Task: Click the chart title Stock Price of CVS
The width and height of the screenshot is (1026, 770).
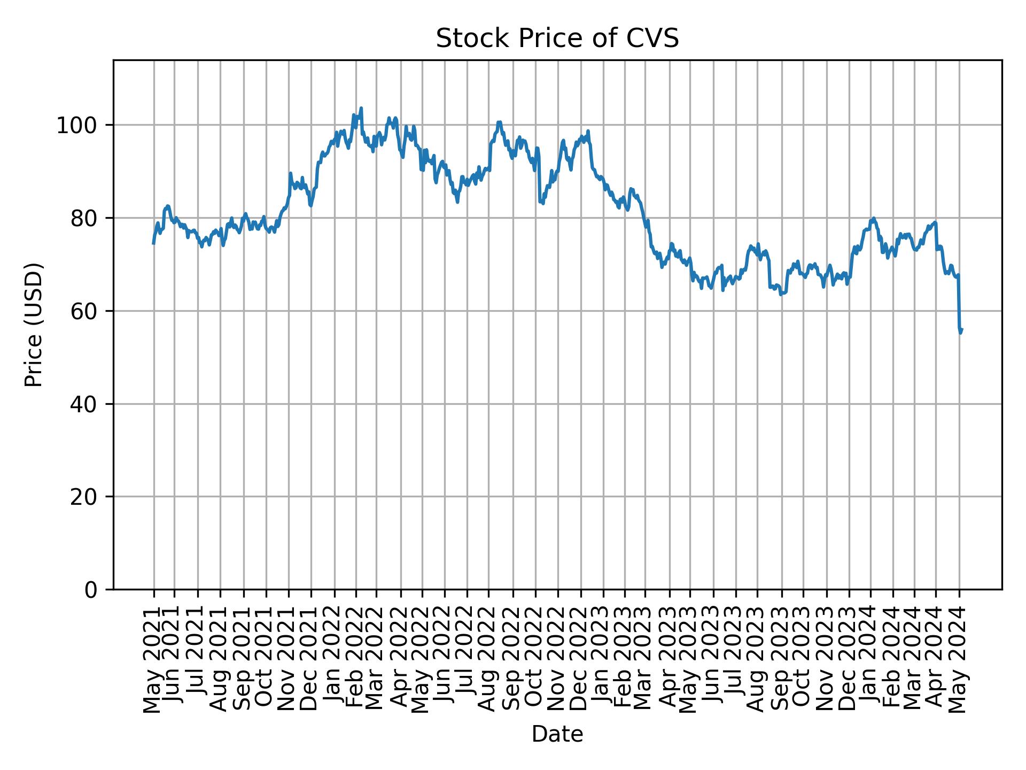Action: [x=557, y=38]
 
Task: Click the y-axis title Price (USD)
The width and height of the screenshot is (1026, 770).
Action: [x=34, y=325]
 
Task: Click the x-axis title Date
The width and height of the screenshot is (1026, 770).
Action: [x=557, y=735]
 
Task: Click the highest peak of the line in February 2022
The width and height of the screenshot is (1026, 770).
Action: [x=361, y=108]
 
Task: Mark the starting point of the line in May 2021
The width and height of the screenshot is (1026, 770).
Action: [x=153, y=244]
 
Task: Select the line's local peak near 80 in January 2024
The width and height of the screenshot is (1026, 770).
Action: [x=873, y=218]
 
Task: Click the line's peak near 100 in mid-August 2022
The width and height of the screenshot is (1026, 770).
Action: [x=499, y=122]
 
